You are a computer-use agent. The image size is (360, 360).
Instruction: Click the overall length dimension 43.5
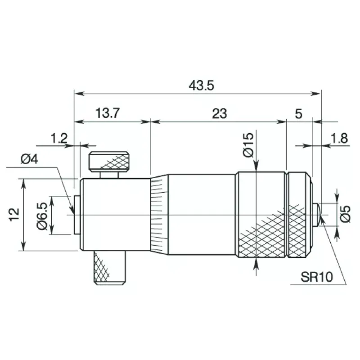(x=201, y=85)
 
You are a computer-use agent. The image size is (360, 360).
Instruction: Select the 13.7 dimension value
(x=108, y=113)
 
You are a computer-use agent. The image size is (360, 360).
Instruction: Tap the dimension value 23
(x=220, y=114)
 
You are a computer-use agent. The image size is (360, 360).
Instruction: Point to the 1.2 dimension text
(x=59, y=139)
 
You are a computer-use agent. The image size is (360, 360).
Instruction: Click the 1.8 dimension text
(x=339, y=139)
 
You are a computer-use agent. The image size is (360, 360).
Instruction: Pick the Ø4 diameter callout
(x=29, y=159)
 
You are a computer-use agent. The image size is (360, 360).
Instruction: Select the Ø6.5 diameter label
(x=42, y=216)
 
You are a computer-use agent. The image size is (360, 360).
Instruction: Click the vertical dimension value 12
(x=14, y=215)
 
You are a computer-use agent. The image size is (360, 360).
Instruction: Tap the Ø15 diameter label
(x=248, y=145)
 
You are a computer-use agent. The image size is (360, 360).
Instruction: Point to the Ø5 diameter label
(x=345, y=214)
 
